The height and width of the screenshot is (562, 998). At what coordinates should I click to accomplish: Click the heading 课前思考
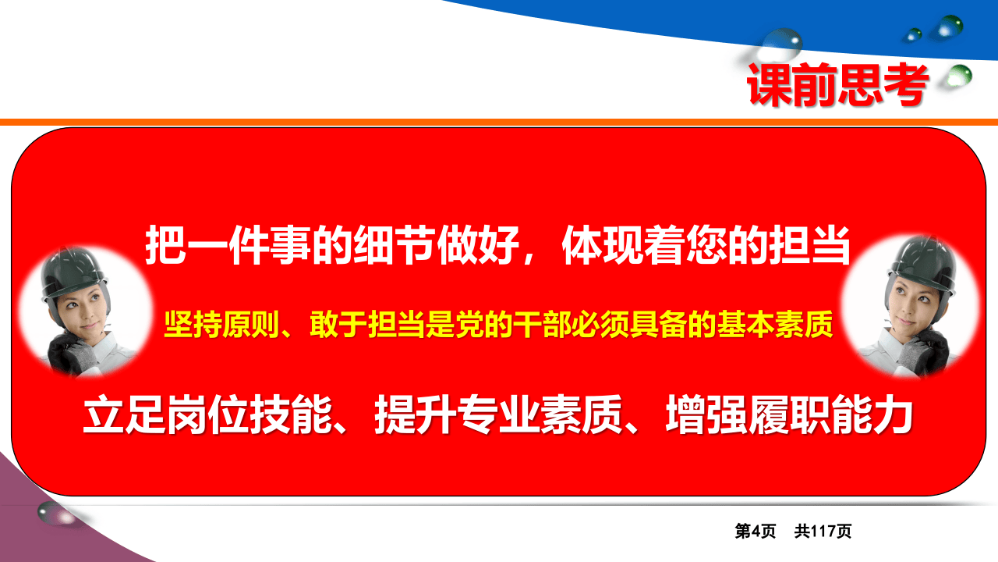coord(838,84)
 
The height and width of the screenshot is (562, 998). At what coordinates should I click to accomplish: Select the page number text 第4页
coord(756,532)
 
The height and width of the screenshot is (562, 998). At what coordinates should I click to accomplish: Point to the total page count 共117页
coord(823,532)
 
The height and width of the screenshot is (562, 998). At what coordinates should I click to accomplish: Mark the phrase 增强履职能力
coord(789,415)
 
